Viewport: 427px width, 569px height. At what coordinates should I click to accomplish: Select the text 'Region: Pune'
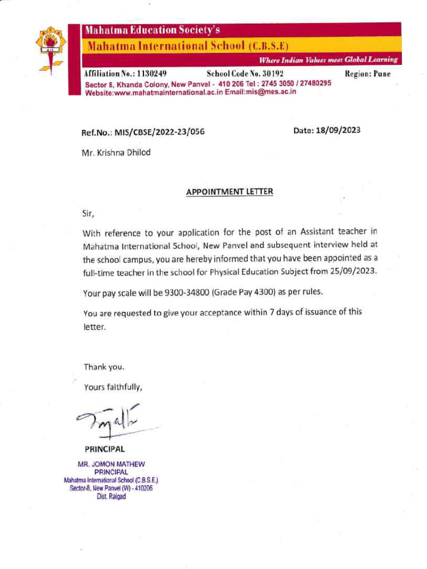(368, 73)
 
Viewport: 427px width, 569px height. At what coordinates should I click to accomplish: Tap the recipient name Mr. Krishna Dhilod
(116, 152)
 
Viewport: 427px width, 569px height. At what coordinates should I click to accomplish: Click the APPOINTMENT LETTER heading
(230, 192)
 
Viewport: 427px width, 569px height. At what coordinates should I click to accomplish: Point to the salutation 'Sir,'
(88, 212)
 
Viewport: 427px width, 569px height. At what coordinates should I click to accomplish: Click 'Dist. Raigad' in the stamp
(111, 497)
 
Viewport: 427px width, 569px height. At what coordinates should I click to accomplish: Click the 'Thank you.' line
(104, 367)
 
